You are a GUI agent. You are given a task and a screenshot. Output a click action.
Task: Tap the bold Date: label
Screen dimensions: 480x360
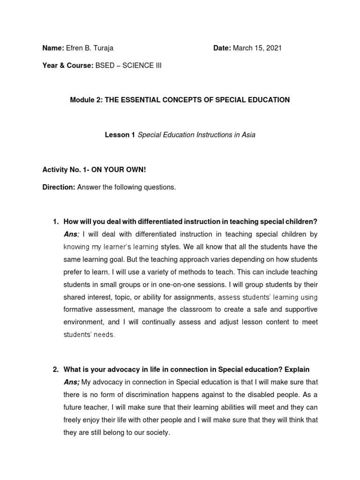(222, 48)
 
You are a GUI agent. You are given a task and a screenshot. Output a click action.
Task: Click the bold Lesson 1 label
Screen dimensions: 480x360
(120, 135)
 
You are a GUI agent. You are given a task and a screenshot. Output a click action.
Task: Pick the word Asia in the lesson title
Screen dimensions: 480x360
(248, 135)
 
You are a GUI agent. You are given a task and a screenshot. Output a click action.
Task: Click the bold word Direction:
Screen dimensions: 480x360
(59, 187)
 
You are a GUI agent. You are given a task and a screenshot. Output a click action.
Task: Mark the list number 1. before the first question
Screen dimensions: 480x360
(55, 222)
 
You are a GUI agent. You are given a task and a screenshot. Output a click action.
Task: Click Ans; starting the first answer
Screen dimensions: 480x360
(72, 234)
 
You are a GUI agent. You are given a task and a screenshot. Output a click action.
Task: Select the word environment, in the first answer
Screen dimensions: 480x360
(83, 322)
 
